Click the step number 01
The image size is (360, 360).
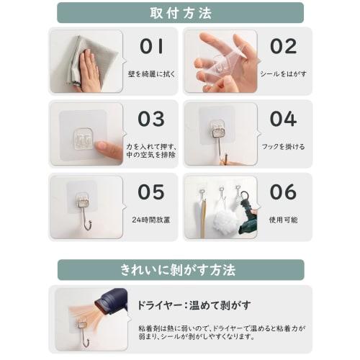coord(151,47)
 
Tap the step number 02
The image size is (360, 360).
coord(283,47)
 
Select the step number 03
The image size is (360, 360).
coord(151,119)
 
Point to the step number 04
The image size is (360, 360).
coord(283,119)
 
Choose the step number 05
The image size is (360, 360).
coord(151,192)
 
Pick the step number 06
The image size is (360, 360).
coord(283,192)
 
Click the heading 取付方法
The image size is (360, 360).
coord(180,13)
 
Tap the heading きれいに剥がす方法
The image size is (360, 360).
coord(180,270)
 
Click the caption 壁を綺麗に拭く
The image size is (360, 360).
coord(152,74)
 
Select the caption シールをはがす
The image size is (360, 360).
coord(283,74)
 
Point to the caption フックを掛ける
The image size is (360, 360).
coord(283,147)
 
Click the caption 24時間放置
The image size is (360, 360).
coord(152,219)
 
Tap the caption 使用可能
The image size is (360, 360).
coord(283,219)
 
